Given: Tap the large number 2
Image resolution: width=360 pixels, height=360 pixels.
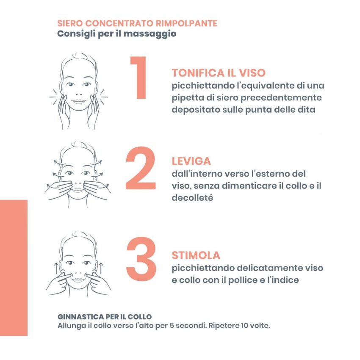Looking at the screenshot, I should click(141, 168).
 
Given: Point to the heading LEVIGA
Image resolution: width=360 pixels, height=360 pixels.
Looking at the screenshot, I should click(191, 161).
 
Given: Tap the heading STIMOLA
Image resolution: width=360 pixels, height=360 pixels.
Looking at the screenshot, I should click(196, 255).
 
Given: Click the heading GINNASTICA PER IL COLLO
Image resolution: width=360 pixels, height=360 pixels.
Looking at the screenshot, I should click(104, 317).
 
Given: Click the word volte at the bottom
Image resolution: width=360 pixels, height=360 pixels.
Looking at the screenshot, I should click(260, 326).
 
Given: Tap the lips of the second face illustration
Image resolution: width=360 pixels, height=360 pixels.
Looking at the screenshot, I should click(78, 189).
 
